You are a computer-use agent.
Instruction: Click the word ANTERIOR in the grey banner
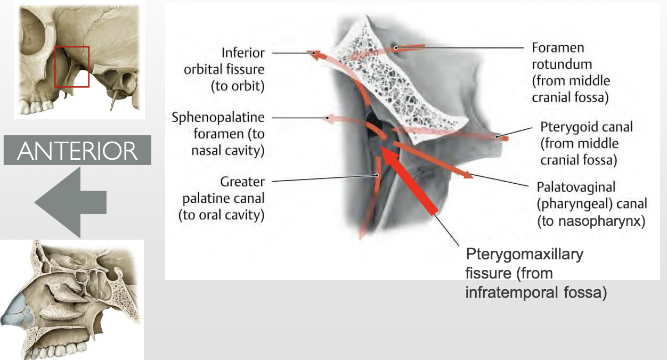(77, 151)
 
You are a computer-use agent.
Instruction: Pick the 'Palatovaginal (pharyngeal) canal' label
(591, 203)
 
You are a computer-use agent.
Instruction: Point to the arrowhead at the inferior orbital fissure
(315, 53)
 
